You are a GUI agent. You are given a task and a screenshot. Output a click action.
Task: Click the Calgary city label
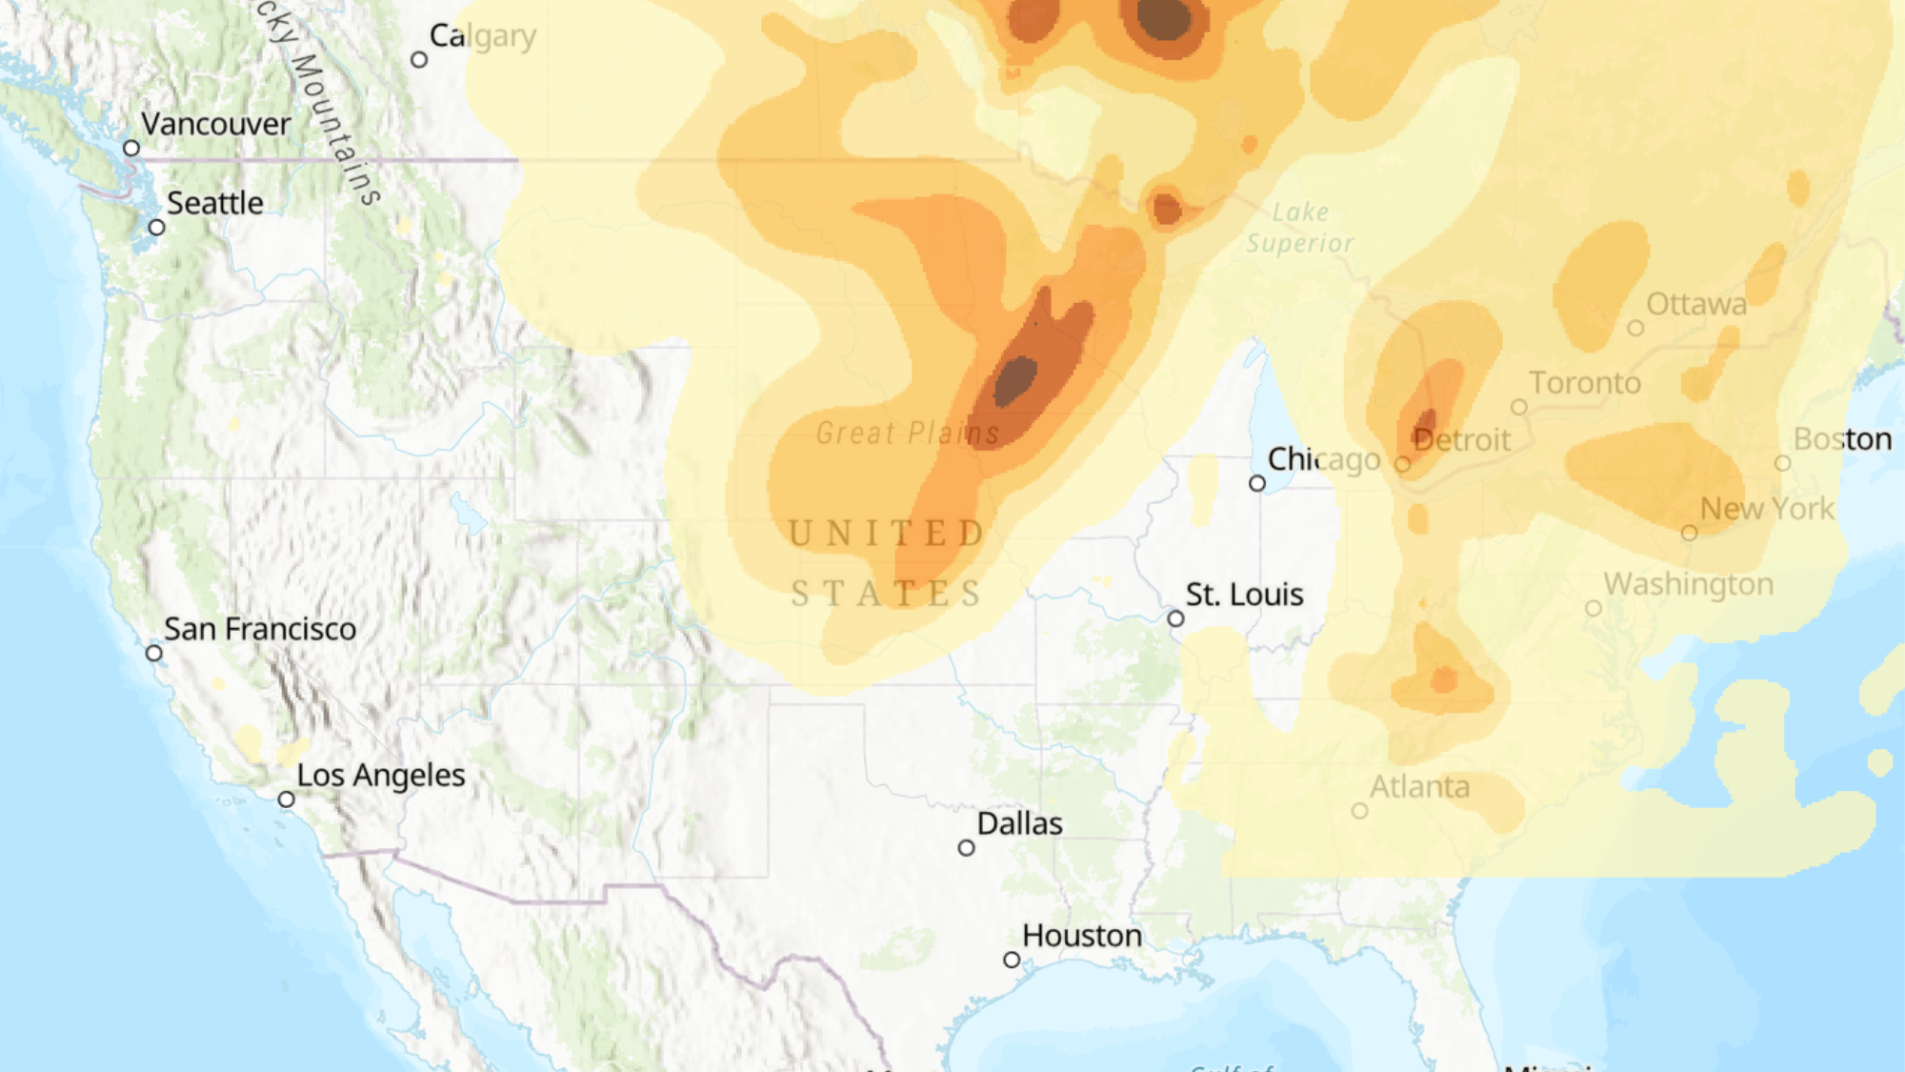pos(483,36)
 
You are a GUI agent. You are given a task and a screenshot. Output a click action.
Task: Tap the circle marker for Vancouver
pos(131,148)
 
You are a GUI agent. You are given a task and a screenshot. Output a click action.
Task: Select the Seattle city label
pos(215,203)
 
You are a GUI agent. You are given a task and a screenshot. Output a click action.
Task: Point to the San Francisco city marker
pos(154,653)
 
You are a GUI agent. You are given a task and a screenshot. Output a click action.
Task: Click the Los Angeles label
pos(381,776)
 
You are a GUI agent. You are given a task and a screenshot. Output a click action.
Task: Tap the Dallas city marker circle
pos(966,847)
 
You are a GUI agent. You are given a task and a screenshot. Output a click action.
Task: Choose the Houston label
pos(1082,936)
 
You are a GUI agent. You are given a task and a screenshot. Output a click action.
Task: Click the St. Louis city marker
pos(1175,618)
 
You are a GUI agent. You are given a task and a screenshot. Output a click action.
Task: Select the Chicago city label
pos(1324,459)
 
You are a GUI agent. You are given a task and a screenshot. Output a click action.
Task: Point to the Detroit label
pos(1462,440)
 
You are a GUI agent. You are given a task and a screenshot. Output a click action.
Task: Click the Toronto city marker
pos(1519,407)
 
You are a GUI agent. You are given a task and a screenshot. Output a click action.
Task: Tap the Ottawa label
pos(1696,304)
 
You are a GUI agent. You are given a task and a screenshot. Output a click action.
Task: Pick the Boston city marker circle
pos(1782,463)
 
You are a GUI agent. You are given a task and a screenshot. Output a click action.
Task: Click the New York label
pos(1767,509)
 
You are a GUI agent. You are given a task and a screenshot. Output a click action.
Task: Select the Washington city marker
pos(1593,608)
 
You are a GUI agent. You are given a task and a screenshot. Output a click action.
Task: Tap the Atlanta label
pos(1419,787)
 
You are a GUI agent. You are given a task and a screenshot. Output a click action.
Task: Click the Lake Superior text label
pos(1300,228)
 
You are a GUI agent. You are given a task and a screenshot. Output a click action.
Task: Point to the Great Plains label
pos(908,434)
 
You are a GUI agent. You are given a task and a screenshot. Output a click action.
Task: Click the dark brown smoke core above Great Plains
pos(1015,379)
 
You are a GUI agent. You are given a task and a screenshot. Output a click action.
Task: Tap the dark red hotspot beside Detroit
pos(1426,422)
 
